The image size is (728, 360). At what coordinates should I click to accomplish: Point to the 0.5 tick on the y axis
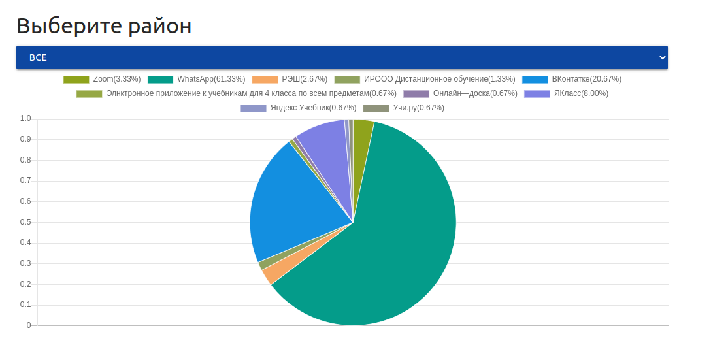25,222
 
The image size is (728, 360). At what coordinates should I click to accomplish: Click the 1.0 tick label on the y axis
25,118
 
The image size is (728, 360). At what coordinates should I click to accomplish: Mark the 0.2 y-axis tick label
25,284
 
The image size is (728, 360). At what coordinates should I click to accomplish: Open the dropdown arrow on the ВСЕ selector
662,57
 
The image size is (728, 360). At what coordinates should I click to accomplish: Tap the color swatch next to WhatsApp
160,79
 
